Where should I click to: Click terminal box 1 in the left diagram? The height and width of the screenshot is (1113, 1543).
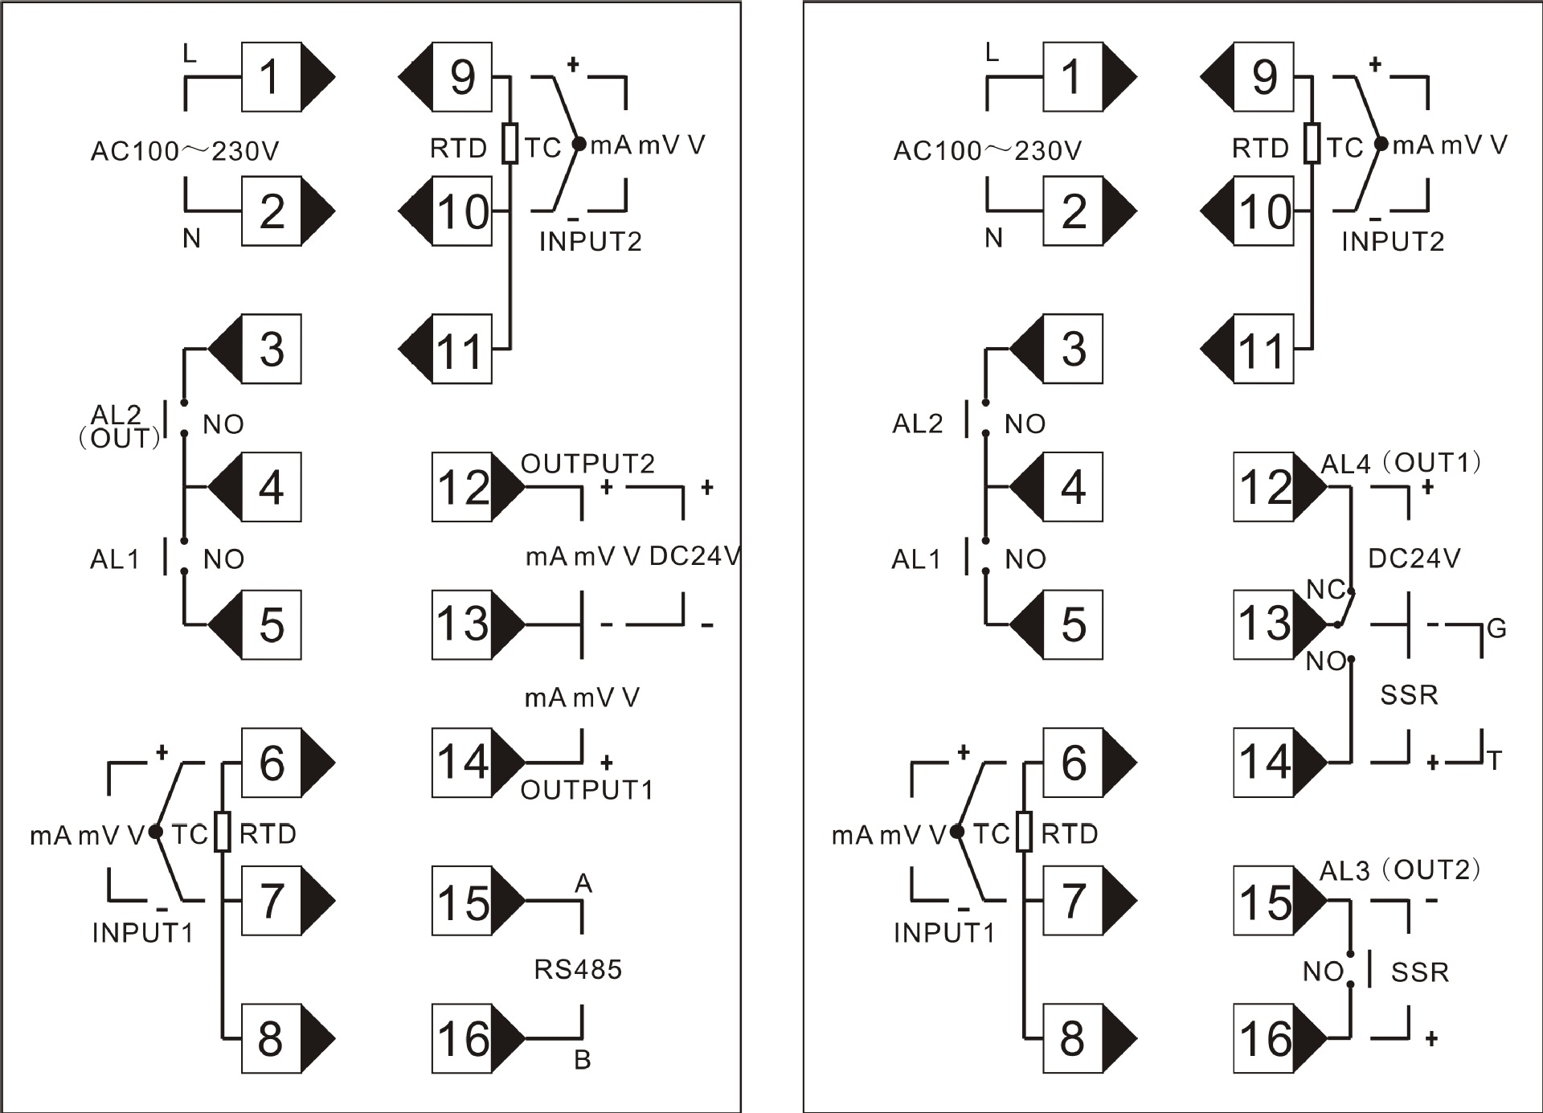(272, 77)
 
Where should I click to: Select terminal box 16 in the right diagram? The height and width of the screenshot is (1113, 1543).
(1264, 1038)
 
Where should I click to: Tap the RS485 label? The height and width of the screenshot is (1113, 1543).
(578, 970)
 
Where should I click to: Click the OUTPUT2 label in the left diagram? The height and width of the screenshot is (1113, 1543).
(587, 463)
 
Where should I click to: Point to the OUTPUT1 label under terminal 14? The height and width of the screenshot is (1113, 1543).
(587, 790)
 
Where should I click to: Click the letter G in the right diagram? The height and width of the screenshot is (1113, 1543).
(1496, 628)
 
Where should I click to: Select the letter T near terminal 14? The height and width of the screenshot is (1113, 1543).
(1494, 760)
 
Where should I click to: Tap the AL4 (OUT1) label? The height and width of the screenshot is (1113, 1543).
(1401, 463)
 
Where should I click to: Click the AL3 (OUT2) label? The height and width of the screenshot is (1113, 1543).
(1400, 870)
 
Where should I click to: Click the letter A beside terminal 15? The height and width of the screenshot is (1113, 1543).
(583, 884)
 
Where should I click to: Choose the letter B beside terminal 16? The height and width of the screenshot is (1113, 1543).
(583, 1060)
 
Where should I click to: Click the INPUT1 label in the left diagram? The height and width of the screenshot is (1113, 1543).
(143, 932)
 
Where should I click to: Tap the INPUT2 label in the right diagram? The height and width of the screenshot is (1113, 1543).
(1393, 241)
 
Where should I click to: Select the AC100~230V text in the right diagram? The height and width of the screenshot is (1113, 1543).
(988, 150)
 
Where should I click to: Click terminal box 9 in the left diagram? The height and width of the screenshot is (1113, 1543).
(462, 77)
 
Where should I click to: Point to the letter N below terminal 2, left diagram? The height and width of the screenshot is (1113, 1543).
(191, 239)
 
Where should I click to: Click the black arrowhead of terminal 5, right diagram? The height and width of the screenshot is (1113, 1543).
(1025, 624)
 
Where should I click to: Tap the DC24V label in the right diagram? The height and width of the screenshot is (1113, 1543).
(1414, 559)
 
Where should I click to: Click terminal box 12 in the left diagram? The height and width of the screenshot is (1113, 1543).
(462, 487)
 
